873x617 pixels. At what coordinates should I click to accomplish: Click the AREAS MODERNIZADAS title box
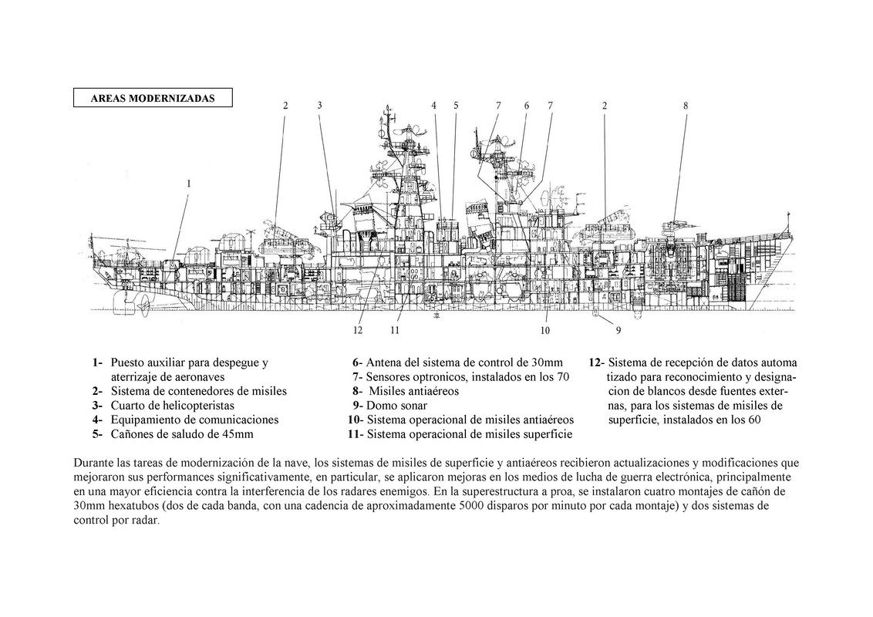click(152, 98)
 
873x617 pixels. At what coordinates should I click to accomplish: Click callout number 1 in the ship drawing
click(188, 184)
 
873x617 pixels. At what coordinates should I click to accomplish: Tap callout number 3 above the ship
click(319, 105)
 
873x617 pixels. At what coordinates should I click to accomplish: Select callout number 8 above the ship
click(686, 105)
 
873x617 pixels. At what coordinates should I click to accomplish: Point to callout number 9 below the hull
click(618, 330)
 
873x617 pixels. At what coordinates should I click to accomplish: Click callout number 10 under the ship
click(545, 331)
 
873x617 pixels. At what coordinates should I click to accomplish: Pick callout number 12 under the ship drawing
click(358, 331)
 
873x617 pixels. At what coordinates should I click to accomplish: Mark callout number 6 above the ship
click(526, 105)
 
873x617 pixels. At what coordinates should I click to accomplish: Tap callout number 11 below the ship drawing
click(394, 331)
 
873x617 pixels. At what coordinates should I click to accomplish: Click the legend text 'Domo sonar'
click(396, 405)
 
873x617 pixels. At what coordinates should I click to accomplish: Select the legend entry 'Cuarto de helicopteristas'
click(173, 405)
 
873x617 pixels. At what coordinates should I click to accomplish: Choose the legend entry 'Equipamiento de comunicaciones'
click(194, 420)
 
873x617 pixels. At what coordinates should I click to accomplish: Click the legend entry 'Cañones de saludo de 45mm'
click(182, 434)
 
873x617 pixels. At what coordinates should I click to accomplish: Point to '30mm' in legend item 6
click(548, 362)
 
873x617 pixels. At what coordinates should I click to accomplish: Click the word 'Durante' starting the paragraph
click(93, 463)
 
